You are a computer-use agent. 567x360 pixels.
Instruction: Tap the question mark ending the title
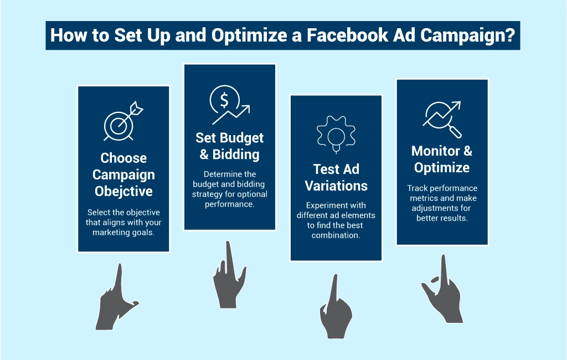pos(510,35)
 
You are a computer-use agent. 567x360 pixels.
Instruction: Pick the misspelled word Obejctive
pos(123,191)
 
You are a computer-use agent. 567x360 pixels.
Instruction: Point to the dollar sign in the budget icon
pos(224,100)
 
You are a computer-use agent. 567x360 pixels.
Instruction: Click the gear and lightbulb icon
pos(336,135)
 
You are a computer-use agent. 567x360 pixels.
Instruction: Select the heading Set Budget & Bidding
pos(230,146)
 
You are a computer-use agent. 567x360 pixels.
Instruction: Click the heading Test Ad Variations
pos(336,177)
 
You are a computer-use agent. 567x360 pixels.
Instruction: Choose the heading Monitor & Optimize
pos(442,159)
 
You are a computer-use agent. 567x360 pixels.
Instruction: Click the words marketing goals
pos(123,233)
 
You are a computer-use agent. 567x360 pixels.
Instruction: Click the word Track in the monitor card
pos(416,188)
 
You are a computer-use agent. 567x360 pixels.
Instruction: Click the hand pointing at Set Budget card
pos(229,275)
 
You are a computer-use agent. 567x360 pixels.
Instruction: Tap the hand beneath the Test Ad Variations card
pos(336,307)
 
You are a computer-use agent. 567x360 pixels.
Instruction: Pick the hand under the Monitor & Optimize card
pos(442,290)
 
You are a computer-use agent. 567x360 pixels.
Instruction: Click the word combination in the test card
pos(336,235)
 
